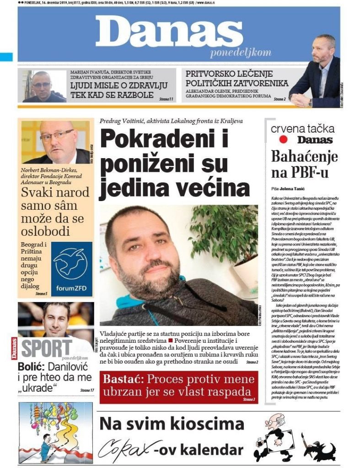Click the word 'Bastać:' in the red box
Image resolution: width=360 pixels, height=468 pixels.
[x=124, y=379]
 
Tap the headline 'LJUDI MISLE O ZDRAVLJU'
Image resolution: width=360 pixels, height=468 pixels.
[x=118, y=85]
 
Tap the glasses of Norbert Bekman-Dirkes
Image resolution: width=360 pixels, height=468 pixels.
[x=57, y=136]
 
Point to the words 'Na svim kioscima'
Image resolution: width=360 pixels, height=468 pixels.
[x=172, y=424]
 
